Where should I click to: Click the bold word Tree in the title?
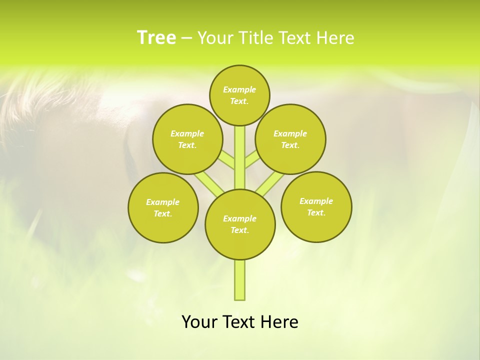tap(156, 38)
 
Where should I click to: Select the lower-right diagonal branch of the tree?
tap(270, 182)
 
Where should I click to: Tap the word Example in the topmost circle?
tap(239, 89)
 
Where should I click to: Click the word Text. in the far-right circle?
tap(316, 212)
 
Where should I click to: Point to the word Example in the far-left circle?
tap(162, 202)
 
